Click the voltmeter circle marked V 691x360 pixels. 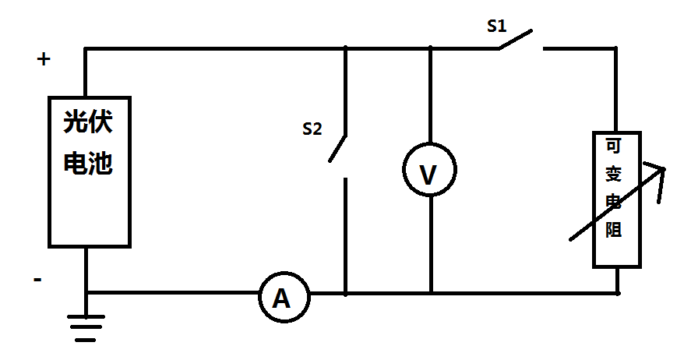pos(430,170)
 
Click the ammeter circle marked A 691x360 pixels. pos(284,298)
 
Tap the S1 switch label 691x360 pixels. pos(497,26)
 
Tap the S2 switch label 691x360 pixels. pos(312,129)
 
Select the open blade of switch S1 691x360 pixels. pos(516,39)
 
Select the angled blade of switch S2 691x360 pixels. pos(337,149)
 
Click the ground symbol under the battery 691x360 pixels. pos(86,328)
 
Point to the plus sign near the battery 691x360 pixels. pos(43,59)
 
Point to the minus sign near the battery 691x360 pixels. pos(37,280)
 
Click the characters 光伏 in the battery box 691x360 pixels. pos(88,122)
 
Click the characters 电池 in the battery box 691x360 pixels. pos(88,163)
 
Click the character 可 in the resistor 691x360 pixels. pos(613,146)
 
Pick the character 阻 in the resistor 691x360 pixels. pos(613,230)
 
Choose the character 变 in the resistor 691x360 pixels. pos(613,174)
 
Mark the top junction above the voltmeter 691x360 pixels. pos(431,48)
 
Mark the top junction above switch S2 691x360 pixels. pos(346,48)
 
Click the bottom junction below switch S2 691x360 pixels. pos(346,293)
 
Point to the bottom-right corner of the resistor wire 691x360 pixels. pos(618,293)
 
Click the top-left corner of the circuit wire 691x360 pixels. pos(86,48)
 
